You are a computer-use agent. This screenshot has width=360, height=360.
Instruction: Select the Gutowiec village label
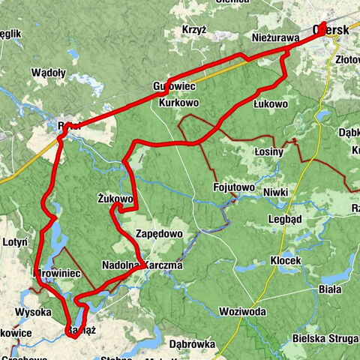click(x=173, y=85)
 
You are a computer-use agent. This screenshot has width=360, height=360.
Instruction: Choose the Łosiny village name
click(x=269, y=151)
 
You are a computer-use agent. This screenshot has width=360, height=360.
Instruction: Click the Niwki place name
click(x=276, y=193)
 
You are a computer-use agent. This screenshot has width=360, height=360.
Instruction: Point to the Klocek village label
click(x=285, y=260)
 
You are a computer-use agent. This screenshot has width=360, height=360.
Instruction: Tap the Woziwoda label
click(x=243, y=311)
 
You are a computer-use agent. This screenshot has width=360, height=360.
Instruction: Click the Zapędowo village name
click(x=159, y=234)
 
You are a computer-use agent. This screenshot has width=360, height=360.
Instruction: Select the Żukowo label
click(x=115, y=199)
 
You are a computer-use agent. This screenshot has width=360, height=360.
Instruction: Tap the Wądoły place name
click(x=49, y=73)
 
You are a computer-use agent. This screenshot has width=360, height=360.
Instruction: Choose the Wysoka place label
click(x=32, y=311)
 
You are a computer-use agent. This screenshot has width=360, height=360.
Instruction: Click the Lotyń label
click(x=15, y=242)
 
